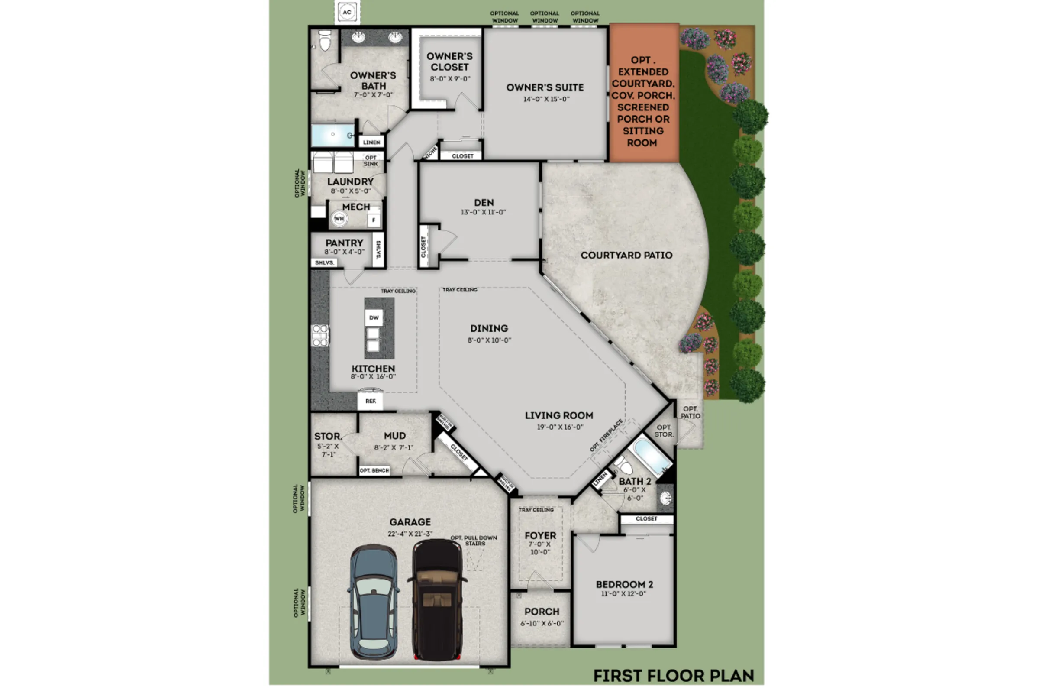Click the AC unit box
point(347,12)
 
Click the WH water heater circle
point(339,219)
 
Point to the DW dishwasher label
point(374,318)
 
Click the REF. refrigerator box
point(370,402)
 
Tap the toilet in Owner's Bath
point(325,41)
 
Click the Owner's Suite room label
point(545,87)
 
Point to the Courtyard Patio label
point(626,255)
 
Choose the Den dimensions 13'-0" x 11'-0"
point(483,212)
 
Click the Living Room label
point(559,415)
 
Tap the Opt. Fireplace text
point(607,435)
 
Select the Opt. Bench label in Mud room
point(374,471)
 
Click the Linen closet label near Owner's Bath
point(371,142)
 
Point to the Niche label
point(430,153)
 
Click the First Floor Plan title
point(673,675)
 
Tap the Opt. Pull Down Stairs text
point(474,541)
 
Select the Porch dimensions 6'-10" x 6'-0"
point(542,624)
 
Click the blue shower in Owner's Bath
point(332,135)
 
